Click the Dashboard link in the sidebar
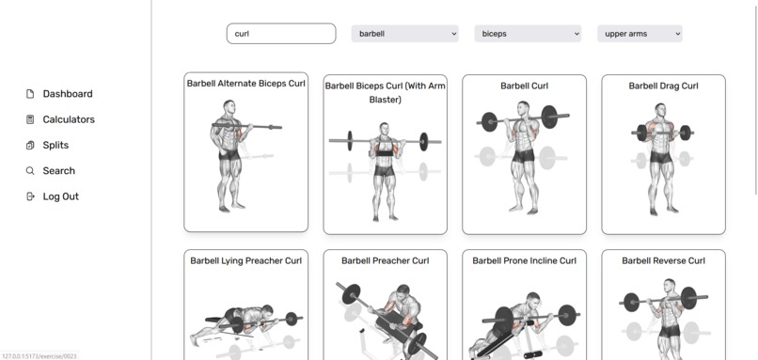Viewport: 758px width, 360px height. [x=67, y=94]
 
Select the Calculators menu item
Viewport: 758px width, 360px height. [x=68, y=119]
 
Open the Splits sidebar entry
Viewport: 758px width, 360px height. [x=55, y=145]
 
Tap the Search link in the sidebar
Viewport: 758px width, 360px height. [x=58, y=171]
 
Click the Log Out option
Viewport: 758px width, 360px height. [x=60, y=196]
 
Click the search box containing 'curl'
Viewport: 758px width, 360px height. [x=280, y=34]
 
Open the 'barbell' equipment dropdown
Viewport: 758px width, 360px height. [x=404, y=34]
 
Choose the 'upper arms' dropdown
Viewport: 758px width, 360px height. [x=640, y=34]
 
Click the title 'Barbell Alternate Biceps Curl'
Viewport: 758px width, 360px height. [x=245, y=84]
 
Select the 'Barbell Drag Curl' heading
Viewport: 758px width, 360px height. [x=663, y=86]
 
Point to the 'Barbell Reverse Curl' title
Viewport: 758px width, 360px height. [x=663, y=260]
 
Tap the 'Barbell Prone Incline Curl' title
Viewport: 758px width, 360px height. [x=524, y=260]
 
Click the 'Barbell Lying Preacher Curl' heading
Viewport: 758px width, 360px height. [x=245, y=260]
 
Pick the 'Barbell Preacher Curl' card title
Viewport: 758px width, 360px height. [x=385, y=260]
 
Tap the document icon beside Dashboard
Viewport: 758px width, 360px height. [x=30, y=94]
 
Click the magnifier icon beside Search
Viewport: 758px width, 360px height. [x=30, y=171]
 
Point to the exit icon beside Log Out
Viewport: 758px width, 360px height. [x=30, y=196]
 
